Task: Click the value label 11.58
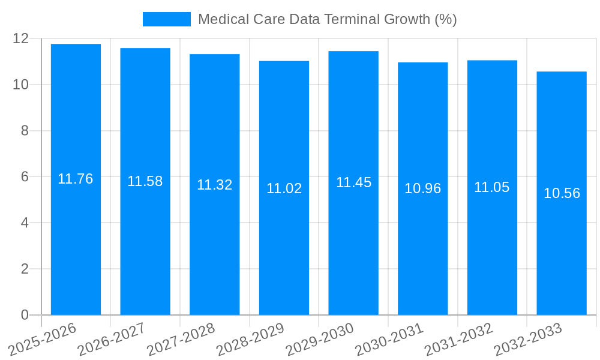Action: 145,181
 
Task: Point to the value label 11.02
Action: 284,188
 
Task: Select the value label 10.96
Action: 422,188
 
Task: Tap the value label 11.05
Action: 492,187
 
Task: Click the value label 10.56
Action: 562,193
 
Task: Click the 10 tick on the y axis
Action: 21,85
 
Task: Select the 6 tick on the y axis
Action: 25,177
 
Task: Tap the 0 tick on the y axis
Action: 25,315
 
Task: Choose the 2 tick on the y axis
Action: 25,269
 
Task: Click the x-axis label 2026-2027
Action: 112,339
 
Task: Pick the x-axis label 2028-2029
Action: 250,339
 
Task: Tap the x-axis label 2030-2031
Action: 389,339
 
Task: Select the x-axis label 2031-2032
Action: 458,339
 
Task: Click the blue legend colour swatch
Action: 166,19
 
